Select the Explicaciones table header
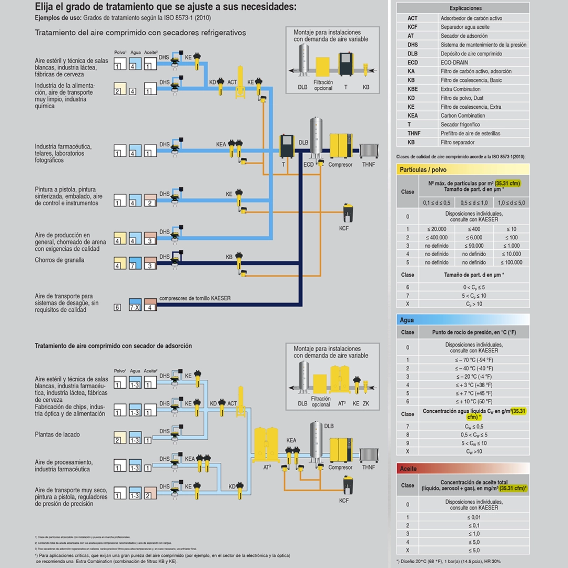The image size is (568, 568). tap(465, 8)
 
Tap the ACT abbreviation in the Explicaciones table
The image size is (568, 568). tap(412, 18)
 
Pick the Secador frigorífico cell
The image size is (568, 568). tap(460, 125)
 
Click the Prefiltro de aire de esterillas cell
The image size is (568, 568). tap(470, 134)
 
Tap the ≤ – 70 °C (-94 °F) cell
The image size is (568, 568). tap(474, 360)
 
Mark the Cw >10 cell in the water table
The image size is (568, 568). tap(474, 452)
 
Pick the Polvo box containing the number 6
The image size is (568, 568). tap(118, 308)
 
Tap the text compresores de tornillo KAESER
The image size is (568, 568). tap(195, 299)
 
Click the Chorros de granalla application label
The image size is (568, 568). tap(59, 260)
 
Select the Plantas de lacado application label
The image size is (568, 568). tap(57, 434)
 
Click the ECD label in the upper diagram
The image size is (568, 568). tap(309, 165)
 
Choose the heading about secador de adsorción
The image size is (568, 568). tap(113, 346)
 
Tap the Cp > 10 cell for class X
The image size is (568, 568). tap(474, 304)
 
